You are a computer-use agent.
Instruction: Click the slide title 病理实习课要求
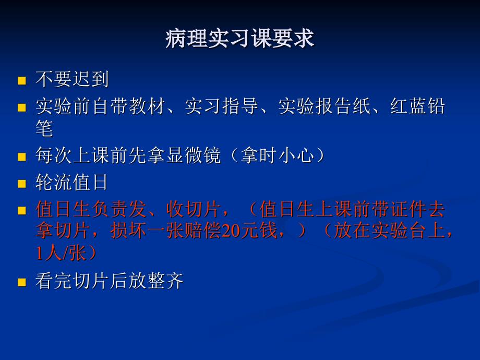(x=239, y=39)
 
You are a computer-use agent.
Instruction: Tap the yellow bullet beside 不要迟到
(x=22, y=80)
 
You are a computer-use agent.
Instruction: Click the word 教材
(x=147, y=106)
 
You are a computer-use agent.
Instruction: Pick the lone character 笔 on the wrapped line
(x=44, y=128)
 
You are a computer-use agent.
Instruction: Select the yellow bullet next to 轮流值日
(x=22, y=184)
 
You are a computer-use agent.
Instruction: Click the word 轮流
(x=54, y=182)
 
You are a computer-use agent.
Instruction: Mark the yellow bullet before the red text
(x=22, y=211)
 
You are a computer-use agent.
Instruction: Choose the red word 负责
(x=110, y=209)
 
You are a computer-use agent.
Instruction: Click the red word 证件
(x=408, y=209)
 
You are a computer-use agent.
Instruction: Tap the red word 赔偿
(x=203, y=231)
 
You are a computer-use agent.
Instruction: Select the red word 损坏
(x=128, y=231)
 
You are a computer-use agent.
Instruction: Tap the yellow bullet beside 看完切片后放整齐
(x=22, y=282)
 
